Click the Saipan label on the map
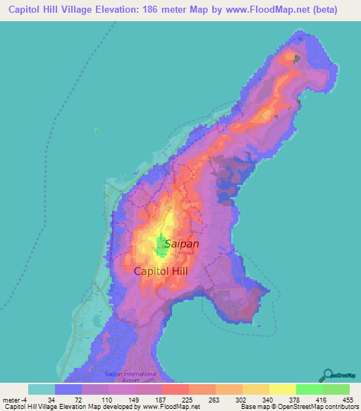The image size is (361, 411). coord(181,244)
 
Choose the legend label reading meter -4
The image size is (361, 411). coord(15,399)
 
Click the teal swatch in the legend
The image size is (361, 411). coord(42,389)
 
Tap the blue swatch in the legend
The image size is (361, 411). coord(68,389)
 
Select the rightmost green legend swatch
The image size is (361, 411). coord(336,389)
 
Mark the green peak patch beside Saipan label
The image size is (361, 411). coord(161,244)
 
